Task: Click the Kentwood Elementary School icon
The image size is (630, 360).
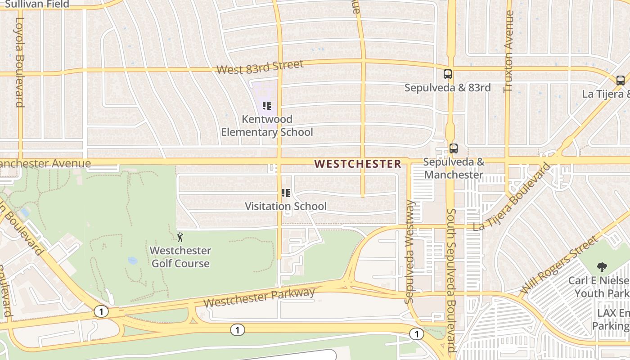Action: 267,106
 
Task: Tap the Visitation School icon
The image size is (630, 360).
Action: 285,193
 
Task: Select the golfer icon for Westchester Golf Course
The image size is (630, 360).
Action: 180,237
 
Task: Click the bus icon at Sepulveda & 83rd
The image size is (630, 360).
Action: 447,74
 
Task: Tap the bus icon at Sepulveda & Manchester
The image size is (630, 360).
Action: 453,148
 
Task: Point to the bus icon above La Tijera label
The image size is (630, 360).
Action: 620,81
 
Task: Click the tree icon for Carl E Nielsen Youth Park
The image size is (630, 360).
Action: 601,267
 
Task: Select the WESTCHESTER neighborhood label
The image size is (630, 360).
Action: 357,164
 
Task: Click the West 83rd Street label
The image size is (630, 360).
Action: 260,67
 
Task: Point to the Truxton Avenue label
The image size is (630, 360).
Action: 509,52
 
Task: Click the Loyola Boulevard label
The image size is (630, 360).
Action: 20,62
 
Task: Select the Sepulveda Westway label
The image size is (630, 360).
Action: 409,252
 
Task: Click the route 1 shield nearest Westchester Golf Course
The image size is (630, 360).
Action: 101,311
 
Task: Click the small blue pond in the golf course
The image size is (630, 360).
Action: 132,261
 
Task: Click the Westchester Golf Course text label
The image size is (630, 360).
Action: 180,257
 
